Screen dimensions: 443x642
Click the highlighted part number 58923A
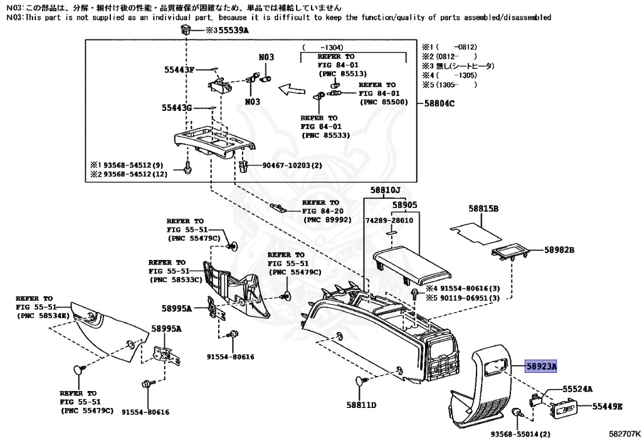(541, 366)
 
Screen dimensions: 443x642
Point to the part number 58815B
(483, 208)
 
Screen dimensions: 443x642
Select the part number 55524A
(576, 389)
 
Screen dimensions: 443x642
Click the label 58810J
(384, 189)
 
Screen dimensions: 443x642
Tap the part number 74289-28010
(389, 221)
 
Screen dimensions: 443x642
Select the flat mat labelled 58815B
(477, 233)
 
